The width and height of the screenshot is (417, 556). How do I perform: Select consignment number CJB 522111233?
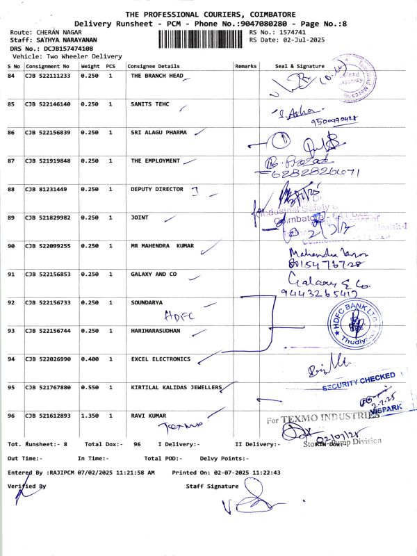(x=47, y=75)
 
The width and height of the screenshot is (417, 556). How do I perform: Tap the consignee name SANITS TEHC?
(x=149, y=104)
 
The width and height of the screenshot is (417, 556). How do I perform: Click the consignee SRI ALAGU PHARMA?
(x=158, y=132)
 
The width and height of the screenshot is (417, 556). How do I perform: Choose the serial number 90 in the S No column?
(x=11, y=246)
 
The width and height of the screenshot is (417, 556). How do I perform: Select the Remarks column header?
(x=246, y=65)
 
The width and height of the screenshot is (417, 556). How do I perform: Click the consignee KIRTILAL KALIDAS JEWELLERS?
(x=176, y=386)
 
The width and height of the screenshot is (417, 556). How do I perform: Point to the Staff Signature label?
(x=211, y=486)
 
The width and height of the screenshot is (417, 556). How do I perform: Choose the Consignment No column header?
(x=47, y=65)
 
